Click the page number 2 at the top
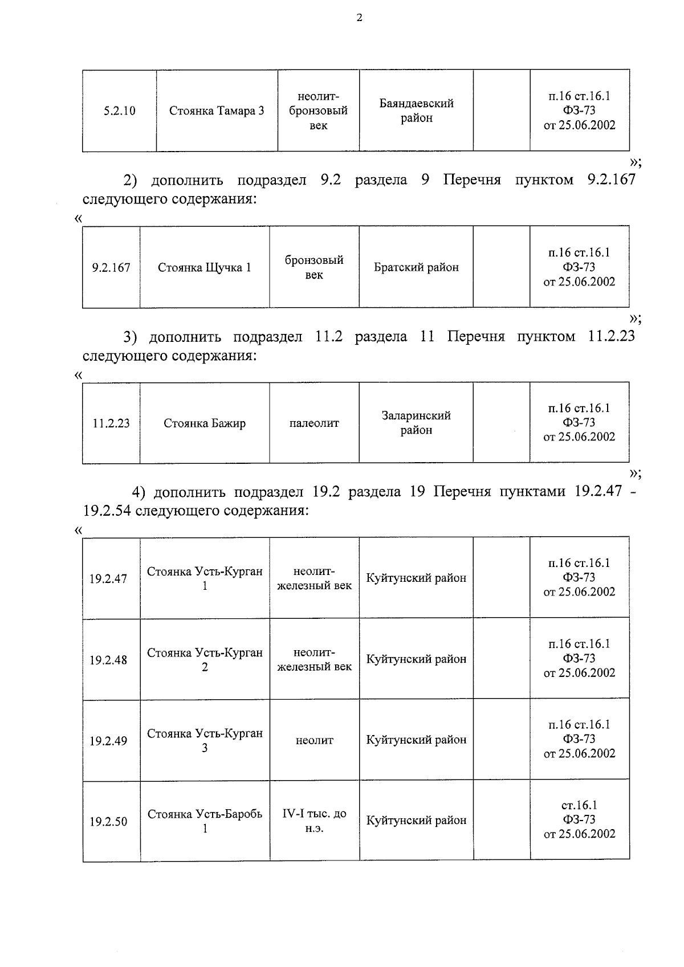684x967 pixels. tap(359, 18)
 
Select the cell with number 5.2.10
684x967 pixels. tap(119, 111)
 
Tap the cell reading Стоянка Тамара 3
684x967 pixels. tap(217, 111)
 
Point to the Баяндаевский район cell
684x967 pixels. tap(416, 111)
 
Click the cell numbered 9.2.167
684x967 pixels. tap(111, 267)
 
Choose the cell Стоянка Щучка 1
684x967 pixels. tap(204, 267)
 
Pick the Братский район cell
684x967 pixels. tap(416, 267)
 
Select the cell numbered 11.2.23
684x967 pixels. tap(111, 423)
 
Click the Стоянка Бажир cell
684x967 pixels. tap(204, 423)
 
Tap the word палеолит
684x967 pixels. tap(314, 423)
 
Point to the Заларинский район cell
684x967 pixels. tap(416, 423)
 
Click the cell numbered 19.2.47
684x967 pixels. tap(108, 579)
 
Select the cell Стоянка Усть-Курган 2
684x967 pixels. tap(205, 659)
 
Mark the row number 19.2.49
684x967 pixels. tap(108, 741)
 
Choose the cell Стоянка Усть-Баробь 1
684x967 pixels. tap(205, 821)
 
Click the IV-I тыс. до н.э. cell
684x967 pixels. tap(314, 821)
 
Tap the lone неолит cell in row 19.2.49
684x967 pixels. tap(314, 741)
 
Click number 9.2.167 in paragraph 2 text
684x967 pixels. tap(610, 180)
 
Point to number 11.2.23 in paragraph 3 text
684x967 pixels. tap(610, 336)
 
